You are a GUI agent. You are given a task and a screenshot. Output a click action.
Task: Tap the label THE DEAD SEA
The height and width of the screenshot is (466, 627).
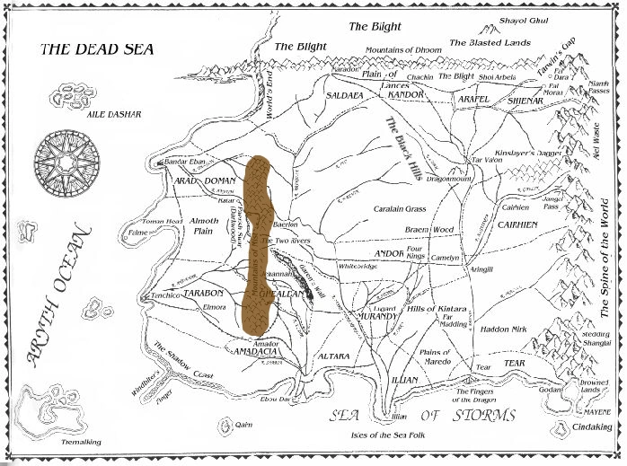95,48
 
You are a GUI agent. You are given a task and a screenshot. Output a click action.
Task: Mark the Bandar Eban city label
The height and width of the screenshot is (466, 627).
187,162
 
